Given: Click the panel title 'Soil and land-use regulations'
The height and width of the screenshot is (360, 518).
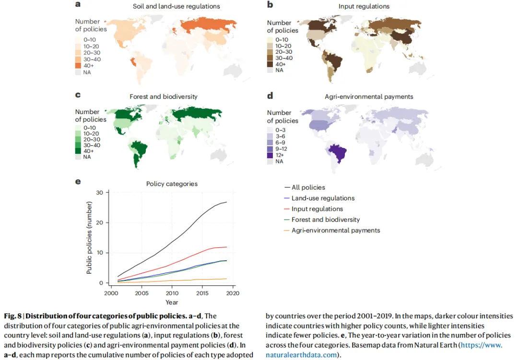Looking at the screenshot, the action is tap(176, 6).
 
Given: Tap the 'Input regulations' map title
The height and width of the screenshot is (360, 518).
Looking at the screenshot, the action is tap(364, 6).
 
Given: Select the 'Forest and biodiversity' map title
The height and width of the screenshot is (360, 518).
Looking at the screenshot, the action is tap(164, 96).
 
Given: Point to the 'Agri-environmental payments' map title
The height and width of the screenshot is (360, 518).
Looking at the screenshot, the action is tap(369, 96).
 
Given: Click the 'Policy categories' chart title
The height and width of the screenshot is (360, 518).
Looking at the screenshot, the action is tap(172, 184).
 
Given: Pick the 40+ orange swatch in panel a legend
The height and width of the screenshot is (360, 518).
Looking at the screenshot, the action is tap(78, 65).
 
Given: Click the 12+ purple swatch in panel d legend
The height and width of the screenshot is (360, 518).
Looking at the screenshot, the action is tap(270, 155).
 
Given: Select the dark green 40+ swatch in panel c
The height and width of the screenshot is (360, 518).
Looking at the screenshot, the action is tap(78, 151).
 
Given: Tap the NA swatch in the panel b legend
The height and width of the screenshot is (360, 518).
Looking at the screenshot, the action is tap(270, 70).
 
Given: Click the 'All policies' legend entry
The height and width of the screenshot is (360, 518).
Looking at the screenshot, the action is tap(305, 187).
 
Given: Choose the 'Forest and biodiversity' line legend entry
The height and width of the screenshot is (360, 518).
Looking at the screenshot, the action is tap(322, 220).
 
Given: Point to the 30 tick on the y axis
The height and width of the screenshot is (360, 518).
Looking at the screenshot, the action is tap(99, 192).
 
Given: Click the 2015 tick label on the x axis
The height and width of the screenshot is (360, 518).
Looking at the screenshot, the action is tap(202, 293).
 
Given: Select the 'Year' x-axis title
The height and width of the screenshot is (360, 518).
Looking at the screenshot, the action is tap(172, 302).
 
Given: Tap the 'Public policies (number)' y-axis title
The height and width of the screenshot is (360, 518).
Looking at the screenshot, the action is tap(89, 238).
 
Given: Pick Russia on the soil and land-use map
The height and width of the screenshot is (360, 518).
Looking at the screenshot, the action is tap(208, 25).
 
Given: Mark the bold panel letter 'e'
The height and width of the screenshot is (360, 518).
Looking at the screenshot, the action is tap(78, 181).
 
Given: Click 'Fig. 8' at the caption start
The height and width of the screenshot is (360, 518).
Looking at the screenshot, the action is tap(12, 316).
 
